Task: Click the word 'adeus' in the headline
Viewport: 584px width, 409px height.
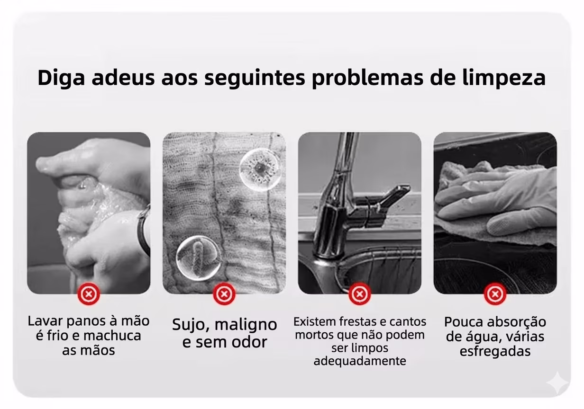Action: [123, 78]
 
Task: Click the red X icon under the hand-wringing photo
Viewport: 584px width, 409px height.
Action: [89, 294]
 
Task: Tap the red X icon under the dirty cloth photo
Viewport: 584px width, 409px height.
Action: [224, 294]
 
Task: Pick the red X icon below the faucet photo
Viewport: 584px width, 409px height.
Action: [359, 294]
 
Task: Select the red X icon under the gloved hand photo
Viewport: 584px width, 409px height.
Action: [495, 294]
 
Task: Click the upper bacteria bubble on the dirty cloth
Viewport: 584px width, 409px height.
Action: [260, 169]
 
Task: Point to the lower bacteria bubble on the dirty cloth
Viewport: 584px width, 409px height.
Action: [198, 258]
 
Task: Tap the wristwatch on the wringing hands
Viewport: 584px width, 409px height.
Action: [143, 229]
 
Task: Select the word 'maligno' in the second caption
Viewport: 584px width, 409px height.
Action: [246, 325]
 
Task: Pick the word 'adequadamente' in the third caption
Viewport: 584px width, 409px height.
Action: [360, 361]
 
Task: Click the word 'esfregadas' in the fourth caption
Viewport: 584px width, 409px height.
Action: [495, 351]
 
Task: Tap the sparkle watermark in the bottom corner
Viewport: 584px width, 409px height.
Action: [557, 383]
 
